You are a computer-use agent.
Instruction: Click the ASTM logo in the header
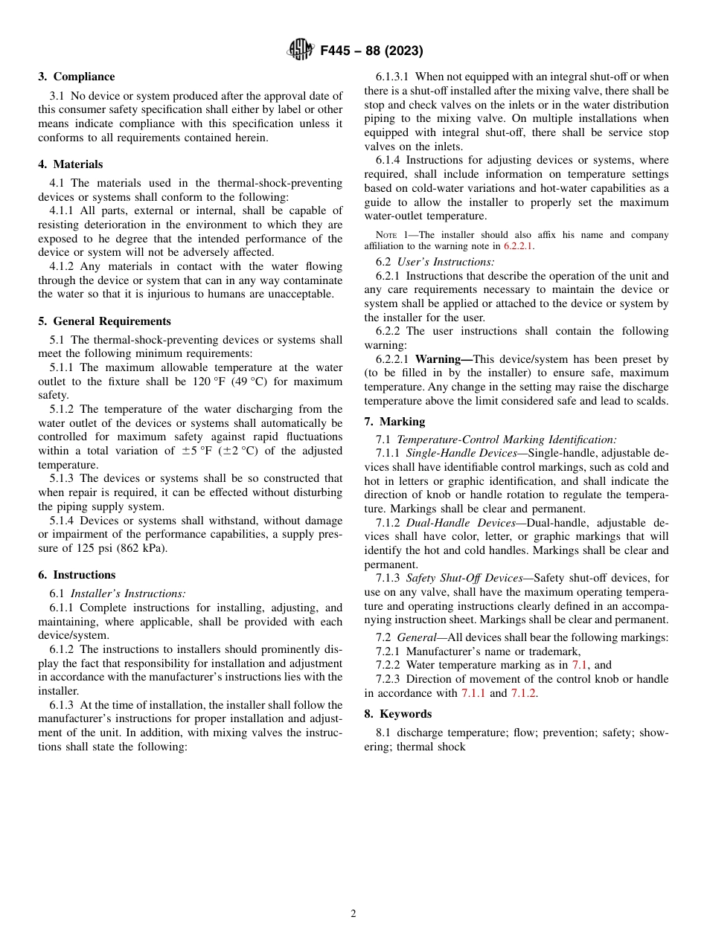[x=301, y=51]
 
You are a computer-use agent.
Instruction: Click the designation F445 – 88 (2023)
[x=371, y=51]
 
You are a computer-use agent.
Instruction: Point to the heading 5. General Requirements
[x=104, y=321]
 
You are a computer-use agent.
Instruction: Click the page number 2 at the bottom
[x=353, y=914]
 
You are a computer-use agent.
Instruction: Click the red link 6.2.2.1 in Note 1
[x=519, y=246]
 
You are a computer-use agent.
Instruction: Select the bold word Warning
[x=443, y=359]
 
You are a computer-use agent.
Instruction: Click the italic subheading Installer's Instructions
[x=128, y=593]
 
